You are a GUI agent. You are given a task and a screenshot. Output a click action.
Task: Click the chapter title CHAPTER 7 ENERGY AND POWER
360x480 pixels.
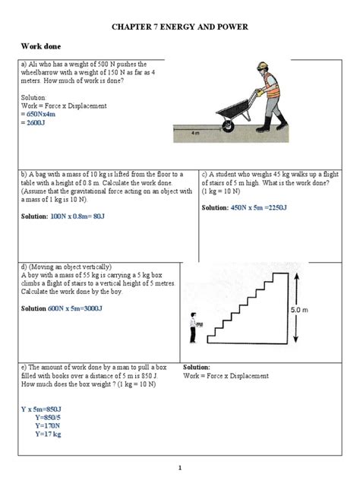coord(180,30)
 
